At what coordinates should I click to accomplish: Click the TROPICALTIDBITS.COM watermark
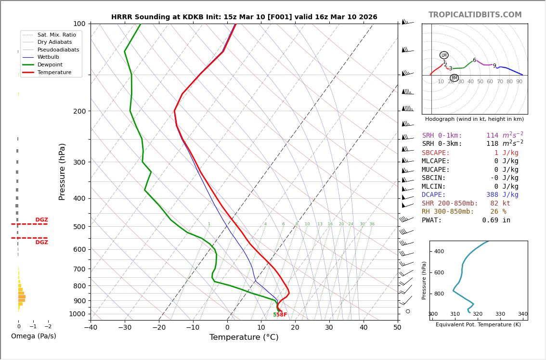[475, 15]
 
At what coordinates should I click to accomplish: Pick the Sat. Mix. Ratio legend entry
[56, 35]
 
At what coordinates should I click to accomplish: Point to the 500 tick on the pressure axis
[79, 227]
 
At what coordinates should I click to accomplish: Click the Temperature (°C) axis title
[244, 337]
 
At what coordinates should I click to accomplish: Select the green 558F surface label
[280, 315]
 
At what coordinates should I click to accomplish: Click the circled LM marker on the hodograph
[444, 55]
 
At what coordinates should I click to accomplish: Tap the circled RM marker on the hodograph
[454, 78]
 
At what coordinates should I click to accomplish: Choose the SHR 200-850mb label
[450, 204]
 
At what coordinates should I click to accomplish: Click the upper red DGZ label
[41, 220]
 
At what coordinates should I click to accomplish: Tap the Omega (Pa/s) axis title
[33, 336]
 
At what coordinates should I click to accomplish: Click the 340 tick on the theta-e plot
[522, 314]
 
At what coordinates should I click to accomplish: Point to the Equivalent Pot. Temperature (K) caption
[478, 325]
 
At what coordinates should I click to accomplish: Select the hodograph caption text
[474, 119]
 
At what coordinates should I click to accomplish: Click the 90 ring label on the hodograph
[519, 82]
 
